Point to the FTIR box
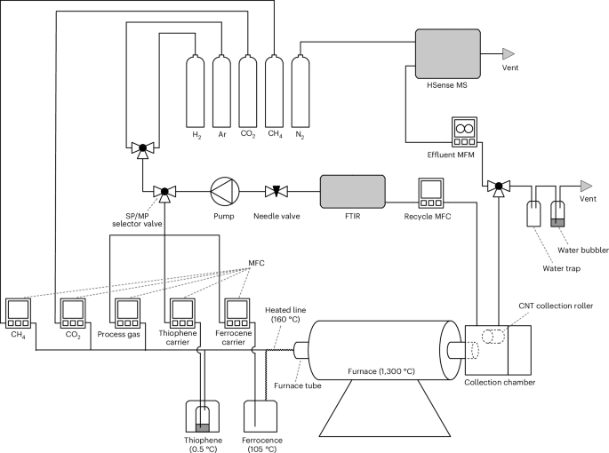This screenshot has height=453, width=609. point(352,190)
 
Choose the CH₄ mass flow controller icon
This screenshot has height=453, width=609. point(18,312)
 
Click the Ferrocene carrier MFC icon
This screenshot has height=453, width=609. point(237,312)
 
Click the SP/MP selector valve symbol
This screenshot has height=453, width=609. point(164,190)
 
